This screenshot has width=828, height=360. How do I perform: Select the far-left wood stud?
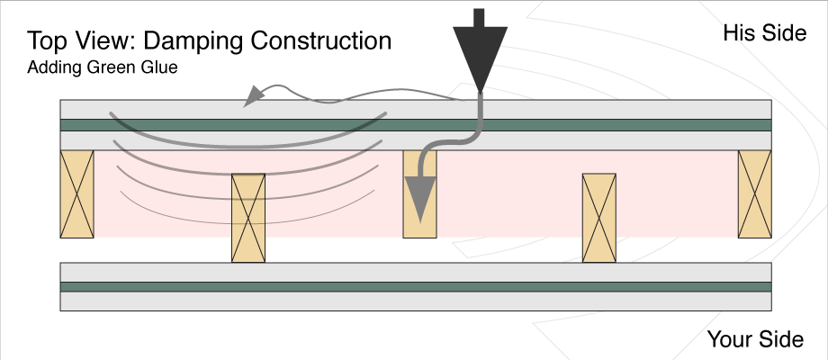[x=76, y=194]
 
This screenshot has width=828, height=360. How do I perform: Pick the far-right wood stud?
[x=754, y=194]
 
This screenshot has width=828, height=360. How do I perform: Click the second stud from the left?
[x=248, y=218]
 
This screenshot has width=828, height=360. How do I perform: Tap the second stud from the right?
[x=599, y=218]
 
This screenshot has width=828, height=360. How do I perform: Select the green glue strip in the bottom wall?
[x=414, y=286]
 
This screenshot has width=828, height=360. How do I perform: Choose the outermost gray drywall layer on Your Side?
[x=414, y=301]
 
